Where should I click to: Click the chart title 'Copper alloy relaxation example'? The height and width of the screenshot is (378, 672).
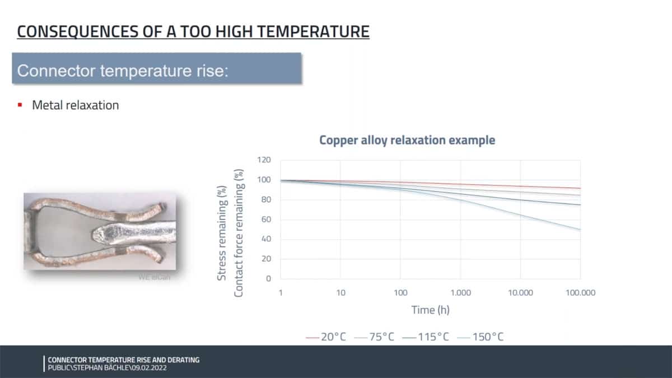(407, 140)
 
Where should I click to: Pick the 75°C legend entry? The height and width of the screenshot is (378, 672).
(375, 337)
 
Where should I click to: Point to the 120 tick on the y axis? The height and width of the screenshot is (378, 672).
(264, 160)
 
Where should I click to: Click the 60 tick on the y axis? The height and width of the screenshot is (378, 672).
(265, 220)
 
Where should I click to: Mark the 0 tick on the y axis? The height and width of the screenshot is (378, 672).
(268, 279)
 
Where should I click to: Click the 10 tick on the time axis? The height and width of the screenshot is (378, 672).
(340, 292)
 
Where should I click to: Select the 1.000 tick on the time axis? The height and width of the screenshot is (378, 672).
(460, 292)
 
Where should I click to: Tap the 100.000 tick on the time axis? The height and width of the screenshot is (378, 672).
(580, 292)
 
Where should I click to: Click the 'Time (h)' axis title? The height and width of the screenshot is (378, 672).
(430, 310)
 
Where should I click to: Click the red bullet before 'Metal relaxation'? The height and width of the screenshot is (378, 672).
(20, 105)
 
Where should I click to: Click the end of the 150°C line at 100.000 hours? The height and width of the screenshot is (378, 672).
(580, 230)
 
